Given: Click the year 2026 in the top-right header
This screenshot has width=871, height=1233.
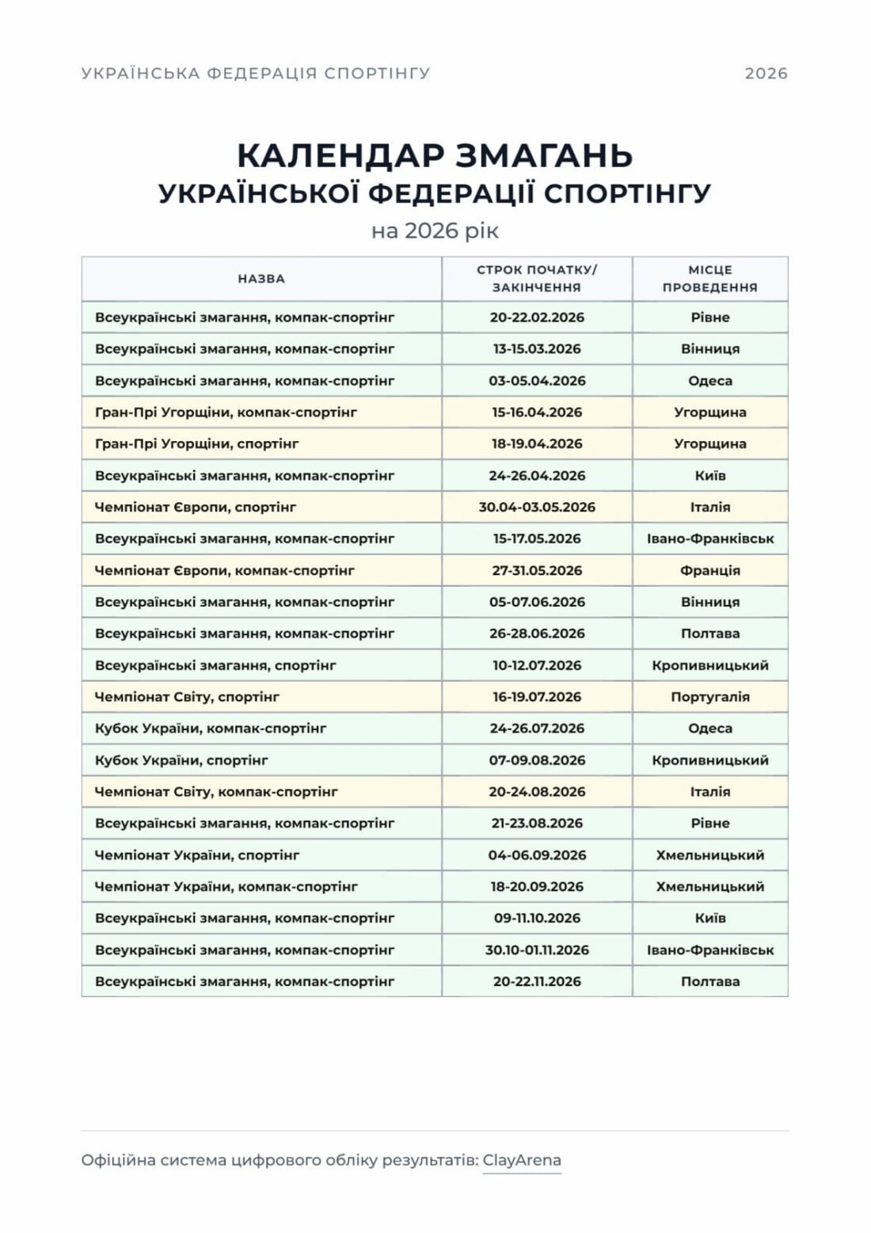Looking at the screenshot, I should (x=766, y=74).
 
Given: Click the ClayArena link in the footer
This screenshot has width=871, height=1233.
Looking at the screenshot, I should (x=522, y=1160).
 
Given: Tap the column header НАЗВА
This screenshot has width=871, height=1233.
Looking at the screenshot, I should (x=261, y=279).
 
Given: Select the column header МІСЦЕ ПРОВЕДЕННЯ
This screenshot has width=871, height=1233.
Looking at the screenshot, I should (x=709, y=279).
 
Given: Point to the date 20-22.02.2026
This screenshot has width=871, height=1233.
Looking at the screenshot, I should (x=537, y=318).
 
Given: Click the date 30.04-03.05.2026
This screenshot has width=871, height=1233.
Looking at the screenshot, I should (x=537, y=507).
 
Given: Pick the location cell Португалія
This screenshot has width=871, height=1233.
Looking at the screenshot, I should (x=709, y=697).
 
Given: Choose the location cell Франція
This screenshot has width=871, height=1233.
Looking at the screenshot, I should (x=709, y=570).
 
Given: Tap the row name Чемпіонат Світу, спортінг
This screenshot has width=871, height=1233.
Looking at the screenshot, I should (x=187, y=697).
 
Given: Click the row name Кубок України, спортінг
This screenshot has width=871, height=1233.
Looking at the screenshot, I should (x=181, y=760).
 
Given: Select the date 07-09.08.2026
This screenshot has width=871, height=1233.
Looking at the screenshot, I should (x=537, y=760).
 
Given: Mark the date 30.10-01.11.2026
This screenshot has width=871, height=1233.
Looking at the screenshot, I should (x=537, y=949).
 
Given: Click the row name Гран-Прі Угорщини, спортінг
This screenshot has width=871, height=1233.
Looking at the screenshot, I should (x=196, y=443).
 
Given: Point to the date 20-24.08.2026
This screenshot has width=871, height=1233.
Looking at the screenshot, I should (x=537, y=792).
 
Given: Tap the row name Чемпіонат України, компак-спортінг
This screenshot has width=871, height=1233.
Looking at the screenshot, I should (x=226, y=886).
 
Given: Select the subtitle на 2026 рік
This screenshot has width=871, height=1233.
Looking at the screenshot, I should (x=435, y=230).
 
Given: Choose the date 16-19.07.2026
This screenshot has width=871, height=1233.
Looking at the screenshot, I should (x=537, y=697).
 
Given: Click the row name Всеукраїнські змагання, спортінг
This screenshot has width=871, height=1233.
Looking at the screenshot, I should (x=215, y=665).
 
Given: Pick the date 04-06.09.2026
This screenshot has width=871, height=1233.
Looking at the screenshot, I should (x=537, y=855).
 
